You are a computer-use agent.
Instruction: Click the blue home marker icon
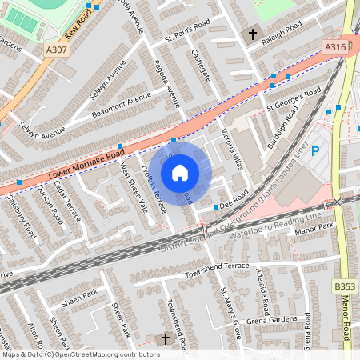click(x=180, y=173)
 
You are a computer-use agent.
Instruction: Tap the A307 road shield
click(x=57, y=50)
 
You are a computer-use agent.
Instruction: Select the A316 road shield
click(x=336, y=48)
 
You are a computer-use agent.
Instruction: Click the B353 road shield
click(x=345, y=286)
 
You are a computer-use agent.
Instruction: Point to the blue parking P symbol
click(x=314, y=151)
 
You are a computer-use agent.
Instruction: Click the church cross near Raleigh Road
click(x=254, y=34)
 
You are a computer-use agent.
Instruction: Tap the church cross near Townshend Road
click(x=166, y=339)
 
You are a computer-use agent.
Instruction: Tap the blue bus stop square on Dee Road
click(x=216, y=207)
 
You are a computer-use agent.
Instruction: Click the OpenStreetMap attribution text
click(x=80, y=354)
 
